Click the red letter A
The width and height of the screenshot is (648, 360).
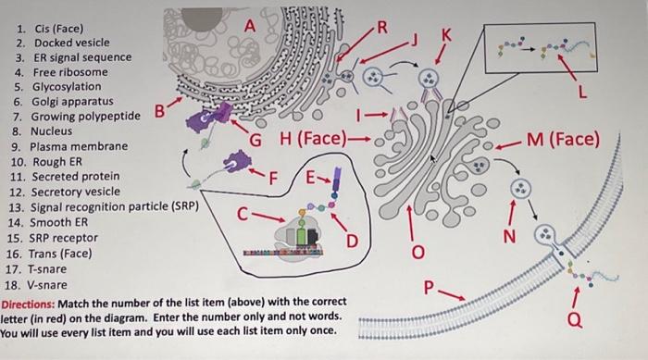[247, 28]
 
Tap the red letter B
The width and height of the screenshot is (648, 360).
[158, 114]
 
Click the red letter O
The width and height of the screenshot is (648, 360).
[417, 251]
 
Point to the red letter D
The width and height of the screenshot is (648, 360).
[352, 242]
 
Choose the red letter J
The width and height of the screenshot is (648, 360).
[415, 40]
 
